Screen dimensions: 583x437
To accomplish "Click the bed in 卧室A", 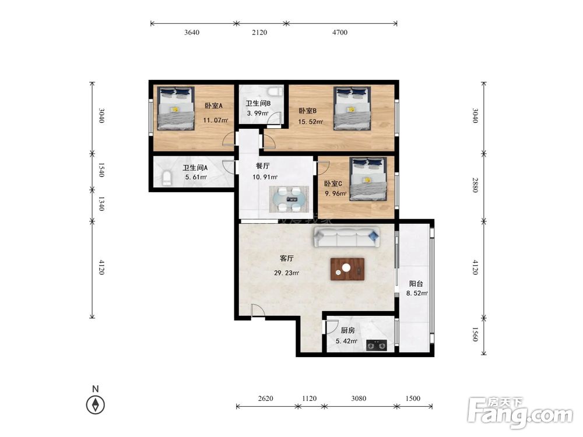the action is pos(176,108).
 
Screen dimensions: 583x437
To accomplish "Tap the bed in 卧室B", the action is pos(352,108).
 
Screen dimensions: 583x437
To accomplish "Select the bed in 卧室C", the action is pos(368,179).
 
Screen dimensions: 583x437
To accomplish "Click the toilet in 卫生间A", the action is pos(167,178).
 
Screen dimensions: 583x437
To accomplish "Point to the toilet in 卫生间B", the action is pos(276,91).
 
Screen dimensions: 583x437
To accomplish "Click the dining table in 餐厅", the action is pos(289,199).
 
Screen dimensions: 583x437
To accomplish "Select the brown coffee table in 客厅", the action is pos(347,269).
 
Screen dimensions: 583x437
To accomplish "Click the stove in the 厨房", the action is pos(376,346).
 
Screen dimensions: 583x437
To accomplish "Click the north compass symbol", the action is pos(96,405).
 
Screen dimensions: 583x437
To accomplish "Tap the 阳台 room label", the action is pos(416,284).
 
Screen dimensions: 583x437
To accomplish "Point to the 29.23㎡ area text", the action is pos(287,273).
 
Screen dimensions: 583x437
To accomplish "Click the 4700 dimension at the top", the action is pos(340,32).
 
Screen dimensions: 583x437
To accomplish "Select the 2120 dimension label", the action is pos(259,32).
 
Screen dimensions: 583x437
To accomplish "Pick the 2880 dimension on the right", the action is pos(475,185).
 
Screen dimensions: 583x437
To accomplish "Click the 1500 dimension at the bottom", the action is pos(413,399).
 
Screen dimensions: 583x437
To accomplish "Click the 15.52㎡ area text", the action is pos(311,122).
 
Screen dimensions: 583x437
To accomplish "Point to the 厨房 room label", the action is pos(347,330).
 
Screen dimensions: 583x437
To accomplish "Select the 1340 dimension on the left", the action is pos(101,203).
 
